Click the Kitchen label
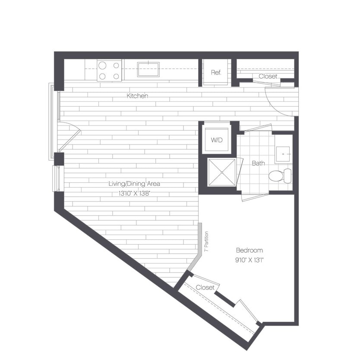[x=137, y=96]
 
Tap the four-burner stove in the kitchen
[x=109, y=70]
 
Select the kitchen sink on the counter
[x=148, y=69]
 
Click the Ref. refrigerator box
[x=216, y=72]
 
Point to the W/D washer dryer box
[x=216, y=139]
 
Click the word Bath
[x=258, y=163]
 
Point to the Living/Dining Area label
[x=135, y=184]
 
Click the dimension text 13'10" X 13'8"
[x=136, y=194]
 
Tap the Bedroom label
[x=249, y=250]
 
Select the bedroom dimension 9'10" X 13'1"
[x=249, y=260]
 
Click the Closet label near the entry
[x=268, y=76]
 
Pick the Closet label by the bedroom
[x=205, y=287]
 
